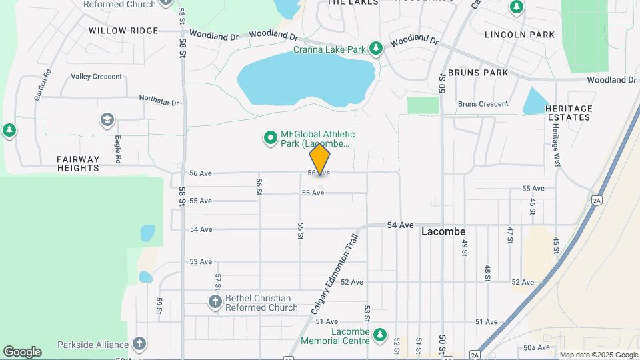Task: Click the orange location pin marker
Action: [320, 159]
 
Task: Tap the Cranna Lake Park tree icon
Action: [377, 48]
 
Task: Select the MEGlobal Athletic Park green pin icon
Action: [270, 138]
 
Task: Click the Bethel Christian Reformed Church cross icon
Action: [215, 302]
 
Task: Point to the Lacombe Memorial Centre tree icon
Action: [380, 333]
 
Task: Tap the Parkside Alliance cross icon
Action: [139, 344]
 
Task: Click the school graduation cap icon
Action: [106, 120]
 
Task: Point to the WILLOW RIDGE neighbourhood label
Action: [123, 31]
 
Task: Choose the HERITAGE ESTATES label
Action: [568, 113]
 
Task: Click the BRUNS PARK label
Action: [478, 73]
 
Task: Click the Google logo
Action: [22, 352]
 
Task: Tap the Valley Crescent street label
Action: [96, 77]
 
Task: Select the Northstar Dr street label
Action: [159, 100]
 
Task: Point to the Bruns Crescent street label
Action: [483, 104]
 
